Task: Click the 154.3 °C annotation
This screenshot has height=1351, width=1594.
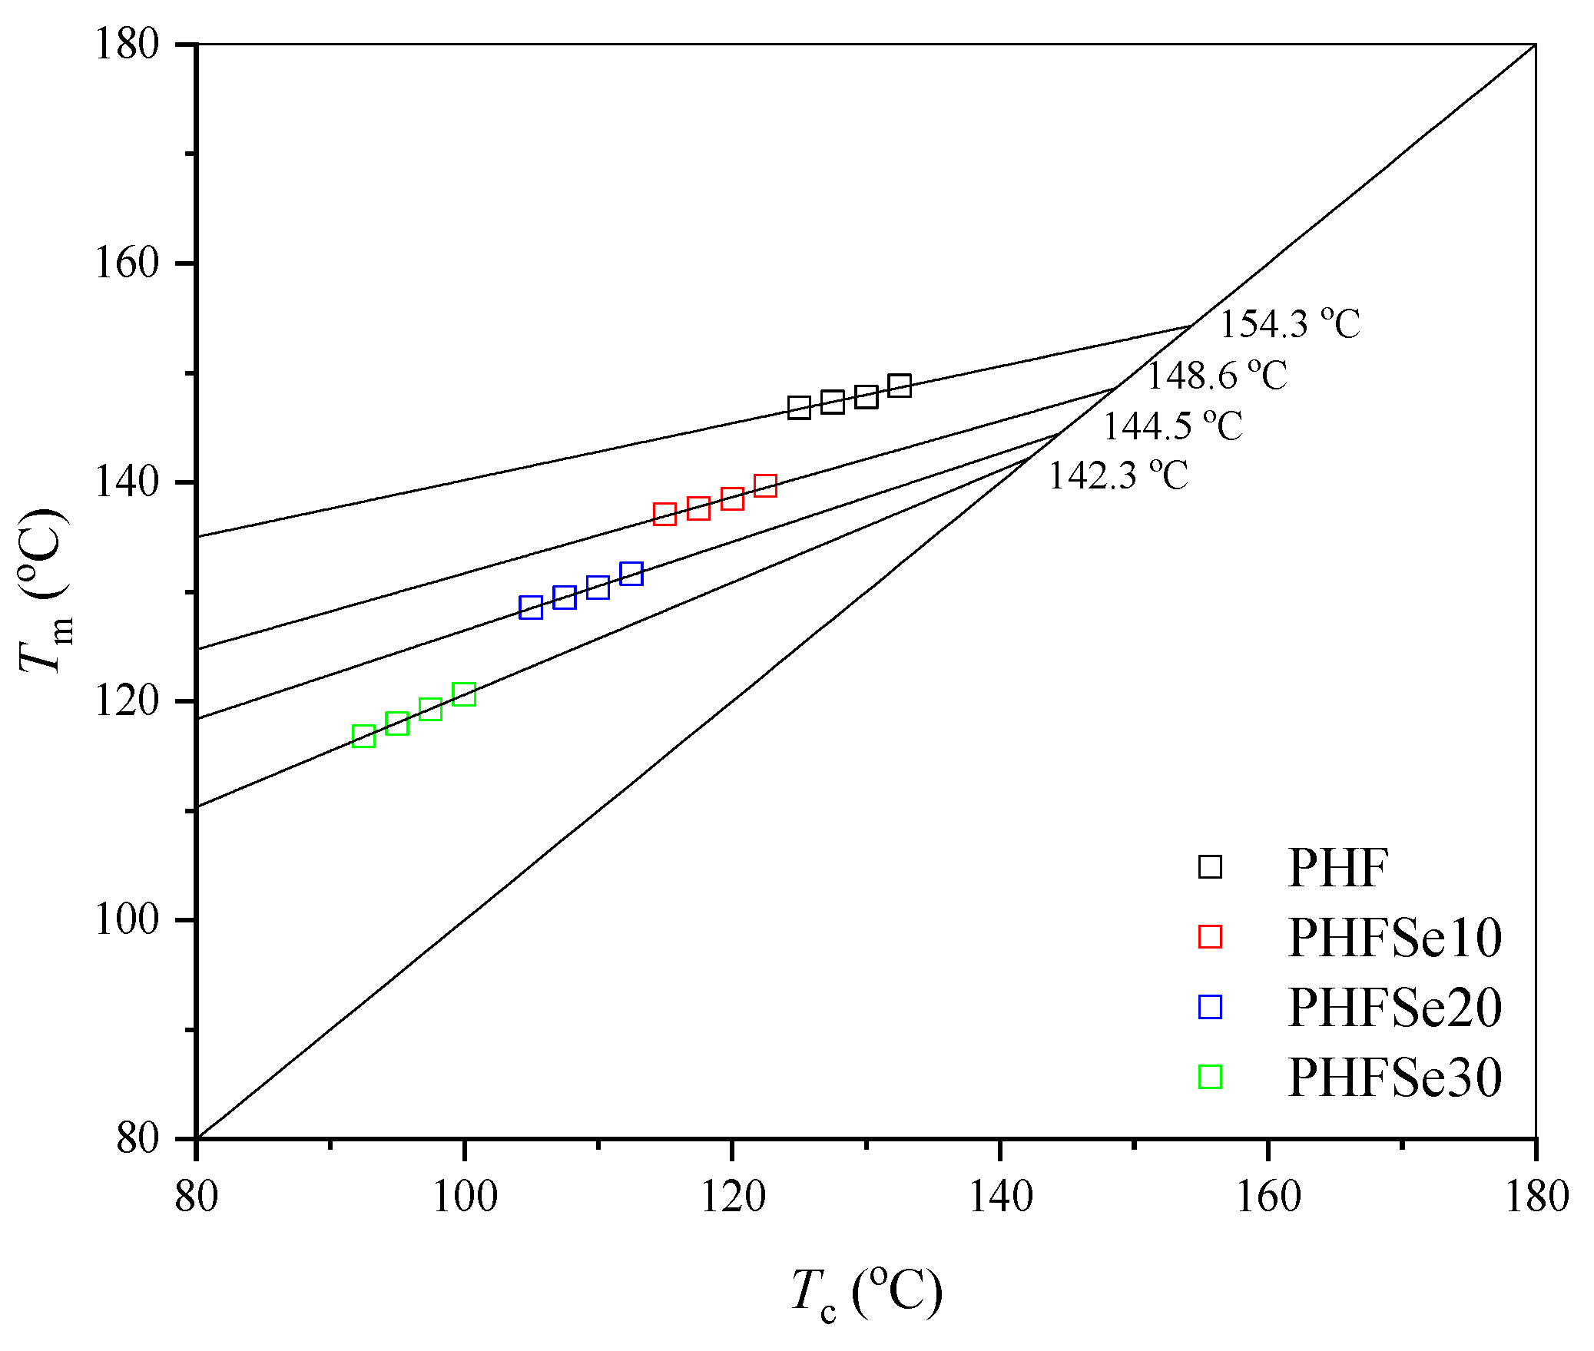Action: [x=1289, y=324]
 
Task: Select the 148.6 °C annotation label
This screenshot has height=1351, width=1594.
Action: [x=1216, y=376]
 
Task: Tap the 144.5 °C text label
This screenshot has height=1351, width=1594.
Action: [x=1172, y=425]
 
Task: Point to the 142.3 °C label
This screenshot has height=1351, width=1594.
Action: [x=1118, y=475]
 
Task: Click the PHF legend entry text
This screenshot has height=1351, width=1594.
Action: [x=1337, y=869]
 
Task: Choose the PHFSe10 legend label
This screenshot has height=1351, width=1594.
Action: [x=1394, y=938]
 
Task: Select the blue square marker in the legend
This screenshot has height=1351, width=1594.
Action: [x=1210, y=1007]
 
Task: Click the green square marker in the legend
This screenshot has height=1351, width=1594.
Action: [x=1210, y=1077]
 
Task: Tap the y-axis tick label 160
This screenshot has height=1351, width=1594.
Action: [x=126, y=263]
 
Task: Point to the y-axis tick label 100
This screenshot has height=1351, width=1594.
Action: [x=126, y=919]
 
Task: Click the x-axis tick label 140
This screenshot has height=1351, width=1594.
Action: [x=1000, y=1197]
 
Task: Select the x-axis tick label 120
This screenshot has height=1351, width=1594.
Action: [x=732, y=1197]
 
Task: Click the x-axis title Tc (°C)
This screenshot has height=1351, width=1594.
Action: [x=867, y=1293]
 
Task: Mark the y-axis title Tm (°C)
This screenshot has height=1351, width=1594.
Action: [x=45, y=590]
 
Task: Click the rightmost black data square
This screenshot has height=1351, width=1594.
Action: [x=900, y=386]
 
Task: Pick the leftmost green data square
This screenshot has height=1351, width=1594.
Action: [x=363, y=736]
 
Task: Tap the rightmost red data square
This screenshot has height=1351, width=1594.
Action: [x=765, y=485]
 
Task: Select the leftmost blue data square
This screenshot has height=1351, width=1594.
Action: [x=531, y=608]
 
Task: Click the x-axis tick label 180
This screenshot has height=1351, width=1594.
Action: [x=1536, y=1197]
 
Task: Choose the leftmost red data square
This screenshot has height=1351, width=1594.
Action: [x=664, y=514]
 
